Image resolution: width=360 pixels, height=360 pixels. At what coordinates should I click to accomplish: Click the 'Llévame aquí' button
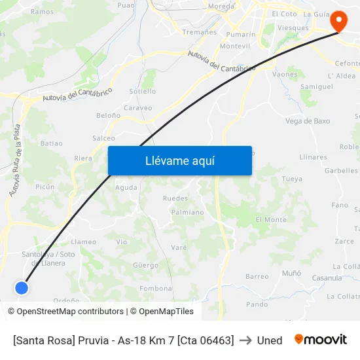coord(179,161)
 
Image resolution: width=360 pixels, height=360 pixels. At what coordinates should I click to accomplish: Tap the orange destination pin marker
coord(338,20)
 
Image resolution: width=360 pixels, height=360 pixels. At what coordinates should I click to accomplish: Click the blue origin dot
coord(22,287)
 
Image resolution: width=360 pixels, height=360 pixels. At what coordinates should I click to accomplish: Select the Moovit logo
coord(320,340)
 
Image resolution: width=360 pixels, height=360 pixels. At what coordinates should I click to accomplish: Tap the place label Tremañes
coord(200,31)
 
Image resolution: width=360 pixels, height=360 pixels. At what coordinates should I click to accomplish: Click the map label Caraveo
coord(137,108)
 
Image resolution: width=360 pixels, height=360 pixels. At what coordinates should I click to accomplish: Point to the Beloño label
coord(108,115)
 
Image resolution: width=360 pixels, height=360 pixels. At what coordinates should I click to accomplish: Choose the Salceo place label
coord(103,138)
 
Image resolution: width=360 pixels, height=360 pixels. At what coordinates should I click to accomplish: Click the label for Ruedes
coord(175,198)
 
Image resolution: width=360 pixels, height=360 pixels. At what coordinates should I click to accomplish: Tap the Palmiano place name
coord(187,212)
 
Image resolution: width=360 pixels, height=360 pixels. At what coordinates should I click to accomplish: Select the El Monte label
coord(271,220)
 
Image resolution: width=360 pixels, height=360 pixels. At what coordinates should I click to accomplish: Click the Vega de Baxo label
coord(308,121)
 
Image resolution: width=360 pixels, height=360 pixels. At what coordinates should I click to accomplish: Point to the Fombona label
coord(156,289)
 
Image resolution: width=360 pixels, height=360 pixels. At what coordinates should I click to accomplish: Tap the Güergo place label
coord(145,266)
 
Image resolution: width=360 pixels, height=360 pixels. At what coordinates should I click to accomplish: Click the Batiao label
coord(52,143)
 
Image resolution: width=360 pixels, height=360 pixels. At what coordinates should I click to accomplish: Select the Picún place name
coord(45,187)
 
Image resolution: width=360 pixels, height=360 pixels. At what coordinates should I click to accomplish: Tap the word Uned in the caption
coord(270,340)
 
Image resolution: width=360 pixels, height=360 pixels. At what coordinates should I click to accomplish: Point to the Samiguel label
coord(316,86)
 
